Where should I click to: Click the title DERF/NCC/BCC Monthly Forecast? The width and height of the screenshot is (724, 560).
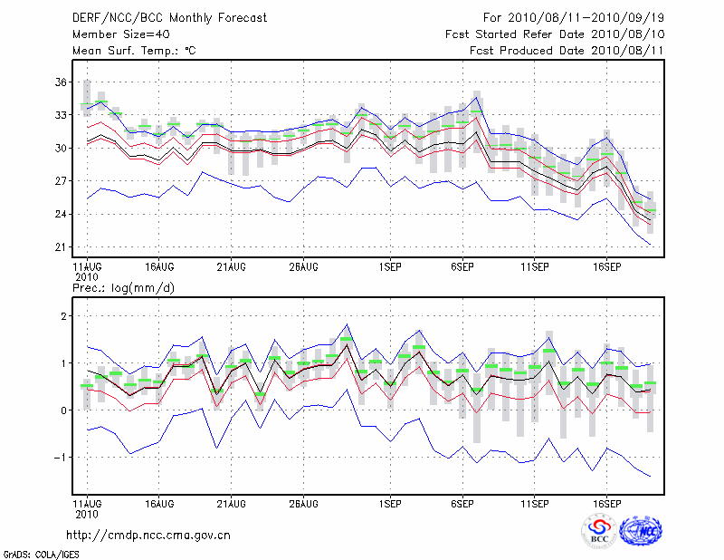click(x=170, y=17)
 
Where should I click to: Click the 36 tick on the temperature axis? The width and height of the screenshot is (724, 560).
click(x=61, y=82)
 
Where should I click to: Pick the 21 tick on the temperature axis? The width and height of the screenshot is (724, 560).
click(x=61, y=247)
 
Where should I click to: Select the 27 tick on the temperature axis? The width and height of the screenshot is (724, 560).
click(x=61, y=181)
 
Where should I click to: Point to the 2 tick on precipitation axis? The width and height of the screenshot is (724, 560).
click(x=64, y=316)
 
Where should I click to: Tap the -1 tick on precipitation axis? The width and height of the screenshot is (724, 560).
click(x=62, y=458)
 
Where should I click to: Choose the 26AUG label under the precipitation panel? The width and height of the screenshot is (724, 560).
click(x=303, y=502)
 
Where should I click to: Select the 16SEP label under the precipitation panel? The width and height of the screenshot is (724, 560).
click(x=606, y=502)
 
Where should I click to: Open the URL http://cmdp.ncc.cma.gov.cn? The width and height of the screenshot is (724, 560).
click(x=148, y=535)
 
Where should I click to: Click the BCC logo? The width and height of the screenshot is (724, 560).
click(x=598, y=531)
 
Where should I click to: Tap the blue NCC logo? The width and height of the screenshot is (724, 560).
click(x=641, y=531)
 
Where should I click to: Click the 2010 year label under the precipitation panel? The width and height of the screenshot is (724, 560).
click(x=86, y=513)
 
